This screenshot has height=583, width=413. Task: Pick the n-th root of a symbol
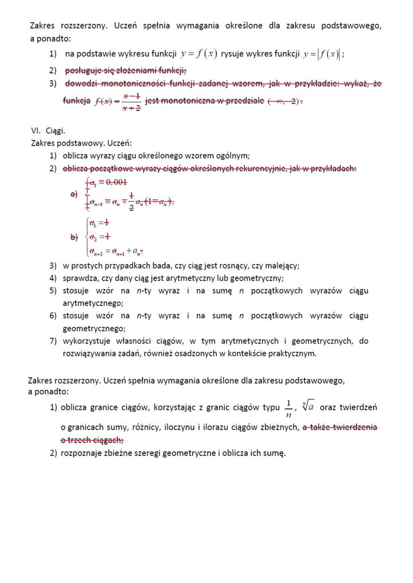(307, 407)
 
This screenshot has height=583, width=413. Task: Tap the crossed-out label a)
(73, 194)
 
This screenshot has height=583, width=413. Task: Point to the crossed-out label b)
(73, 237)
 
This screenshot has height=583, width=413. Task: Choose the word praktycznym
(293, 353)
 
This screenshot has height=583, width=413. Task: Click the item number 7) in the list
(53, 341)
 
